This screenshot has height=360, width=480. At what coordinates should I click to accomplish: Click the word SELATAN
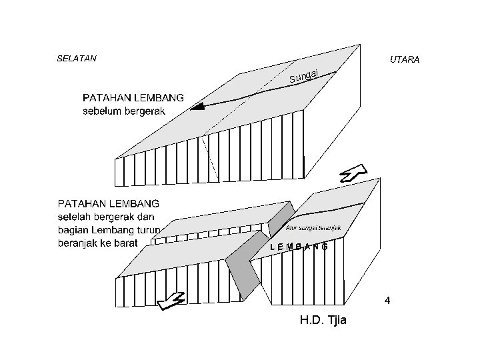point(77,59)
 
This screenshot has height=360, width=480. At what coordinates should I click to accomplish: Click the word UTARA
point(404,60)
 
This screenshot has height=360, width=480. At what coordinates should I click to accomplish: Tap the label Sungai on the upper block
point(306,77)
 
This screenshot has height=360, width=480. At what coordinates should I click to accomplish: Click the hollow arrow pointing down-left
point(172,301)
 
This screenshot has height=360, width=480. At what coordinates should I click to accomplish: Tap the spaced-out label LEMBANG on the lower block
point(299,247)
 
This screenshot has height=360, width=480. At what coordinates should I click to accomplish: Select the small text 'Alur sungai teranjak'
point(313,228)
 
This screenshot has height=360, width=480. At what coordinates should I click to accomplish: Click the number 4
point(387,301)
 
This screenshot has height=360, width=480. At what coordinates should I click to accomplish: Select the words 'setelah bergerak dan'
point(107,217)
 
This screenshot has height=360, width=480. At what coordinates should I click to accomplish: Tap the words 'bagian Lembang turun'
point(109,230)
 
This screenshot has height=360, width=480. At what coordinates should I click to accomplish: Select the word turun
point(147,230)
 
